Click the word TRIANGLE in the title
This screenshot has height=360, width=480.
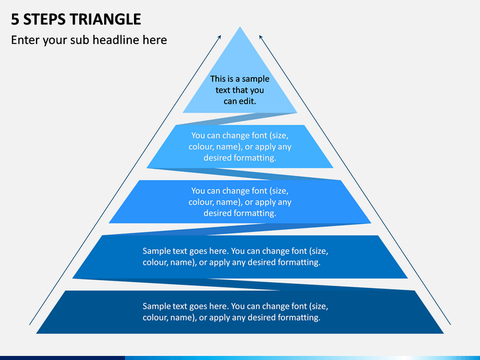tap(106, 19)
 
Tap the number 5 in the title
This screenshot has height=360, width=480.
tap(15, 19)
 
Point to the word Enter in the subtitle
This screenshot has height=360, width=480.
tap(25, 40)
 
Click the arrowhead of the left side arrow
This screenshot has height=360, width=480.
tap(219, 37)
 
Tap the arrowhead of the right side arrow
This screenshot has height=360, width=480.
tap(261, 37)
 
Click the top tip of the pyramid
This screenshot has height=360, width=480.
tap(240, 27)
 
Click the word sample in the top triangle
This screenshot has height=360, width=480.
tap(255, 79)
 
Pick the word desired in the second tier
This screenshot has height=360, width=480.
tap(217, 157)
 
